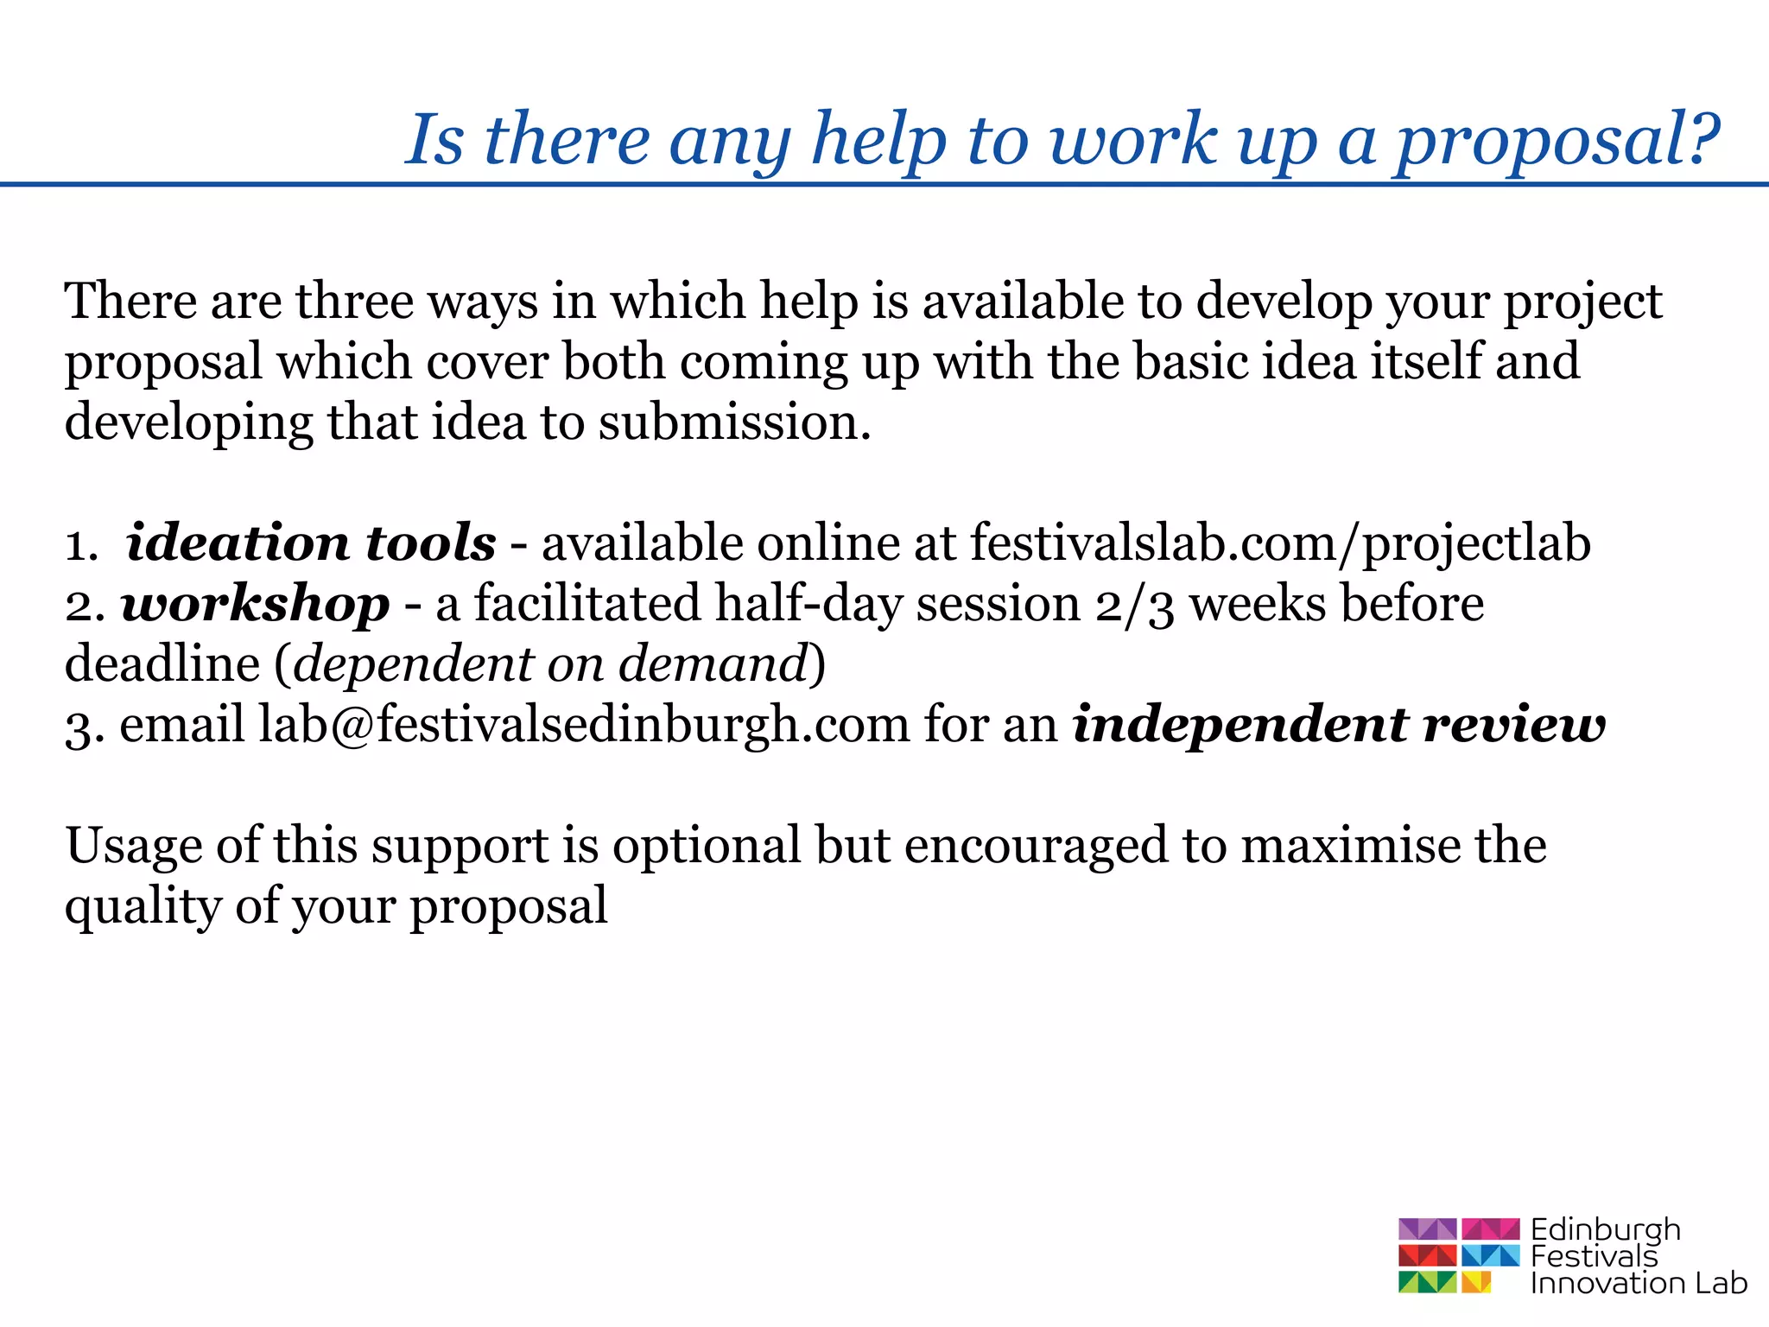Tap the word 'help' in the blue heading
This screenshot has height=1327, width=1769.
click(878, 141)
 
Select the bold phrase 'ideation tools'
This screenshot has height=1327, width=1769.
click(311, 543)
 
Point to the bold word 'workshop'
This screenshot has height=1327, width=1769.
click(256, 604)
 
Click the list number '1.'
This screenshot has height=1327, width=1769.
click(82, 545)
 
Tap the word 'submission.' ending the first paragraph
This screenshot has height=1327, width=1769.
click(735, 422)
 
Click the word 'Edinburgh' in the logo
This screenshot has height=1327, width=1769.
click(1606, 1229)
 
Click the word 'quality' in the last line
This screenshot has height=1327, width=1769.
click(143, 906)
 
